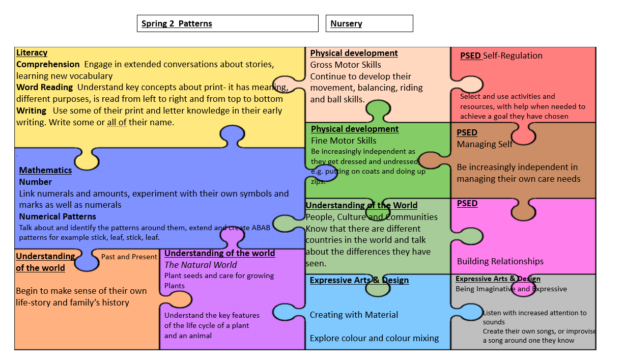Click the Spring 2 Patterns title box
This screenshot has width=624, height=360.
(x=227, y=23)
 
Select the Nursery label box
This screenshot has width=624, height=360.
(x=369, y=23)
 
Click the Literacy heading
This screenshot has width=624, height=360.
(x=32, y=52)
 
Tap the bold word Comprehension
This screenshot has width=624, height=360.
(x=48, y=64)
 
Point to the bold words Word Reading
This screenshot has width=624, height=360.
(x=44, y=88)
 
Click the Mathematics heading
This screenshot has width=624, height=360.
(x=45, y=170)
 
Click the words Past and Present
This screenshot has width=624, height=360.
(x=129, y=257)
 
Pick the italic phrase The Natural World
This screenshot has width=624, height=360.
(x=201, y=265)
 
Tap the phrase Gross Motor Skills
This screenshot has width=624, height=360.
(x=346, y=65)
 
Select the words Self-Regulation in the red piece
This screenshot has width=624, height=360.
(x=513, y=56)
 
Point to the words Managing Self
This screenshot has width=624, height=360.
(x=485, y=144)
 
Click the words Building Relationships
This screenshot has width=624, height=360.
(x=500, y=261)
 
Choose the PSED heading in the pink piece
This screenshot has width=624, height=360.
(x=467, y=203)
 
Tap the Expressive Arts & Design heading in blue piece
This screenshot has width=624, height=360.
(x=359, y=280)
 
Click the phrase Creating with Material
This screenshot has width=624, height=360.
(x=354, y=315)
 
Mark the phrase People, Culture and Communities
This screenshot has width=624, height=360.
(x=372, y=217)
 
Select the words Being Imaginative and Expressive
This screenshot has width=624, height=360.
(x=511, y=289)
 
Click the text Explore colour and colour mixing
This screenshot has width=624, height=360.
(x=374, y=338)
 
